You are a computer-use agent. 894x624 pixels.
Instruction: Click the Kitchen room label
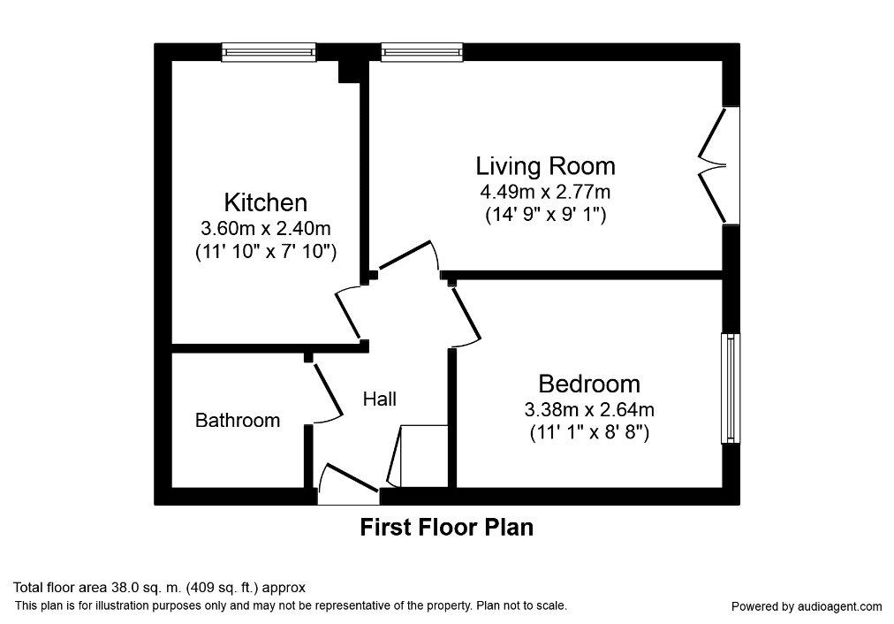tap(265, 202)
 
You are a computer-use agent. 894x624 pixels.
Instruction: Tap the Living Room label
tap(546, 166)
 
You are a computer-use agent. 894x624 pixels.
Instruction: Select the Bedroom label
tap(589, 384)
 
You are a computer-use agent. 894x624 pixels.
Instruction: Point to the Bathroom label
tap(238, 421)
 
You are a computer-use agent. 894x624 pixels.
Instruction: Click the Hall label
tap(380, 399)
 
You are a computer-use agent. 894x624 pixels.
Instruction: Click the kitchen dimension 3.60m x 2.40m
tap(266, 229)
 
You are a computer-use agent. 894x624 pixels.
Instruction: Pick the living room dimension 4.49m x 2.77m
tap(545, 191)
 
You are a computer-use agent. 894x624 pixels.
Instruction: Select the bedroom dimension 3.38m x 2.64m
tap(589, 409)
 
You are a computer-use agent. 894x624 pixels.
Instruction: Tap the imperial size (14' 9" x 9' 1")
tap(546, 215)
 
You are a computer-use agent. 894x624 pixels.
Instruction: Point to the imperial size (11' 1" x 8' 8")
tap(589, 433)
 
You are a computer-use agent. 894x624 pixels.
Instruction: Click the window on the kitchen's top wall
tap(269, 52)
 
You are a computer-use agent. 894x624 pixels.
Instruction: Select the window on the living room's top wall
tap(422, 52)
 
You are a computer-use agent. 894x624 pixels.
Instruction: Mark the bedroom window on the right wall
tap(731, 388)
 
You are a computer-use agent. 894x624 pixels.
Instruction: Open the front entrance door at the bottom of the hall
tap(348, 486)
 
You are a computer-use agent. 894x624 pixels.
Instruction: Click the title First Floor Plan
tap(447, 528)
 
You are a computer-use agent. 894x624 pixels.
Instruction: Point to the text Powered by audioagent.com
tap(807, 607)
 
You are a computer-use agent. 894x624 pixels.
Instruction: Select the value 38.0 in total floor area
tap(120, 588)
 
